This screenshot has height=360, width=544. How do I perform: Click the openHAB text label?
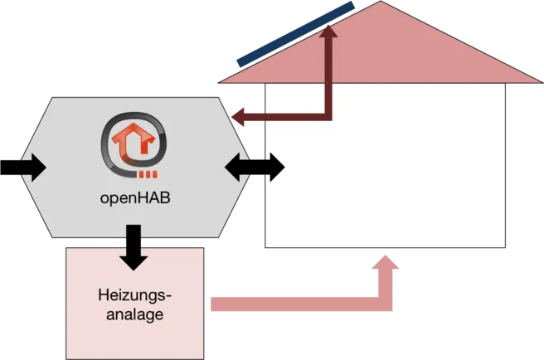point(135,198)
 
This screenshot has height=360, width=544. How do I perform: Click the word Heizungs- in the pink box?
point(135,296)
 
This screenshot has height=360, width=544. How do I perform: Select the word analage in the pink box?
point(135,314)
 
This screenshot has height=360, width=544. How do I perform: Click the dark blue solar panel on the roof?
point(295,34)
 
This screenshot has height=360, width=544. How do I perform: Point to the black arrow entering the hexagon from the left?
point(23,168)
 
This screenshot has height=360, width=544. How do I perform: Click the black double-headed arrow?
point(255,167)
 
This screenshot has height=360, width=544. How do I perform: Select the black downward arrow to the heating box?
point(134,247)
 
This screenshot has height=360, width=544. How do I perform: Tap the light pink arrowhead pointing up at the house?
point(385,262)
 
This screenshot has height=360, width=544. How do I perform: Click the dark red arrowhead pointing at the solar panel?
point(328,31)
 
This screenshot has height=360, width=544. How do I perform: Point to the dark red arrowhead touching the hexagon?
point(238,117)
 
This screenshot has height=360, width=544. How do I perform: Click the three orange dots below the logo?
point(148,174)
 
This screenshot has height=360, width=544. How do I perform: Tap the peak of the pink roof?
point(381,2)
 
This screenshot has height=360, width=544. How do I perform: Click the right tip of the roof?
point(542,83)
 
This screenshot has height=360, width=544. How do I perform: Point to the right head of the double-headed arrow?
point(278,167)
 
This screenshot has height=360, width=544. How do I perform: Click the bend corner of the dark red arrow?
point(328,117)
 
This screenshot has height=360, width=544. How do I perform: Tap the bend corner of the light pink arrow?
point(385,304)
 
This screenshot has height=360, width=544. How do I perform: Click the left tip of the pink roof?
point(219,83)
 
